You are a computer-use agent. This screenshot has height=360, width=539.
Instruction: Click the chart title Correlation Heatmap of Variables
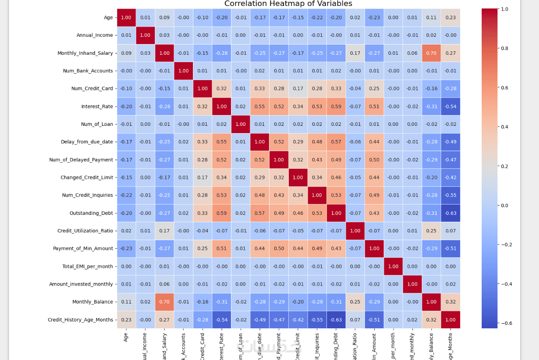click(288, 4)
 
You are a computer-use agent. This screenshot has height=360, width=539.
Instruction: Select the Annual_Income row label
click(95, 35)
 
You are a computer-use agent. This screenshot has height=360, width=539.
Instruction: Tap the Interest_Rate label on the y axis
click(97, 106)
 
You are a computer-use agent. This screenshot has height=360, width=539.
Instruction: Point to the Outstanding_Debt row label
click(91, 213)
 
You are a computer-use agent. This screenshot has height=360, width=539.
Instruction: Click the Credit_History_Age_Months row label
click(80, 319)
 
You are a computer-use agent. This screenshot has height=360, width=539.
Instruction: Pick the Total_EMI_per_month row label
click(88, 266)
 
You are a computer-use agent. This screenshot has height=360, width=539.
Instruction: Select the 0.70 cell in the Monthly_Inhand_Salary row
click(431, 53)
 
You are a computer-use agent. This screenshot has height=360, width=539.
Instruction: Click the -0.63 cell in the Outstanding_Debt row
click(451, 213)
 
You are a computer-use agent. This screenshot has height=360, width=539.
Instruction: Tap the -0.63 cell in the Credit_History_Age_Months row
click(336, 319)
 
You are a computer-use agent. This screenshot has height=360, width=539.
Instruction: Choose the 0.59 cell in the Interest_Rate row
click(336, 106)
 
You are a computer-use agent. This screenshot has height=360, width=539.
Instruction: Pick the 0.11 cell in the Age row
click(431, 18)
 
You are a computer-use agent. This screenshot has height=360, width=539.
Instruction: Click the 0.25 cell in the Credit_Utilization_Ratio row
click(431, 231)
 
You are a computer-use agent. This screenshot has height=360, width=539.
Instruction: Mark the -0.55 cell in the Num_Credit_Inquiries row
click(451, 195)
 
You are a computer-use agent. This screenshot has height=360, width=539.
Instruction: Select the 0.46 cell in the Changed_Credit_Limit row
click(336, 177)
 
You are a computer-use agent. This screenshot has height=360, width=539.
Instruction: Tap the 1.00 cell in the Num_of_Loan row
click(240, 124)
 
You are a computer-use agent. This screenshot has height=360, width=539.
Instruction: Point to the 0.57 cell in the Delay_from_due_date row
click(336, 142)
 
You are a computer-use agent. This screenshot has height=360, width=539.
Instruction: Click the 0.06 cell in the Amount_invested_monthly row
click(164, 284)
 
